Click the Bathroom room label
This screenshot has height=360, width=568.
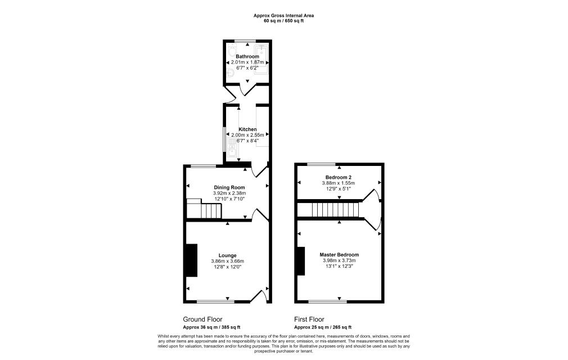coord(247,56)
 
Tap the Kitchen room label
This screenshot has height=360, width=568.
coord(247,129)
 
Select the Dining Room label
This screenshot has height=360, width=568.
coord(229,187)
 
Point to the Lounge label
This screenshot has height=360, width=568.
coord(228,255)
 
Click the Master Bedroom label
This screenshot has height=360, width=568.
coord(339,255)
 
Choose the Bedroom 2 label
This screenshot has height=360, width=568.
coord(339,177)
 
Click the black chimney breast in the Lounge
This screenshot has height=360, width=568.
coord(192,260)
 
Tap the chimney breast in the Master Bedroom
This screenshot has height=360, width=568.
coord(301,261)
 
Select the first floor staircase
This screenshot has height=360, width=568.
coord(328,209)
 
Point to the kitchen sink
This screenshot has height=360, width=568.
coord(232,148)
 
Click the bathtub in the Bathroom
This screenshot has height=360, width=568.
coord(261,60)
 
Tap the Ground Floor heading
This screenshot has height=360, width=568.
coord(202,319)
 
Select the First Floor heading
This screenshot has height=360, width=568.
coord(309,319)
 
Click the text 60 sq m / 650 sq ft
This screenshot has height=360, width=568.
coord(283,21)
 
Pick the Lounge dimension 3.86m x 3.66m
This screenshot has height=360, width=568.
coord(228,261)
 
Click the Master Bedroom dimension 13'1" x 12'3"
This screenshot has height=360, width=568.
coord(339,266)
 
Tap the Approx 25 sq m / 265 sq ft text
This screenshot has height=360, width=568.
coord(323,327)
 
